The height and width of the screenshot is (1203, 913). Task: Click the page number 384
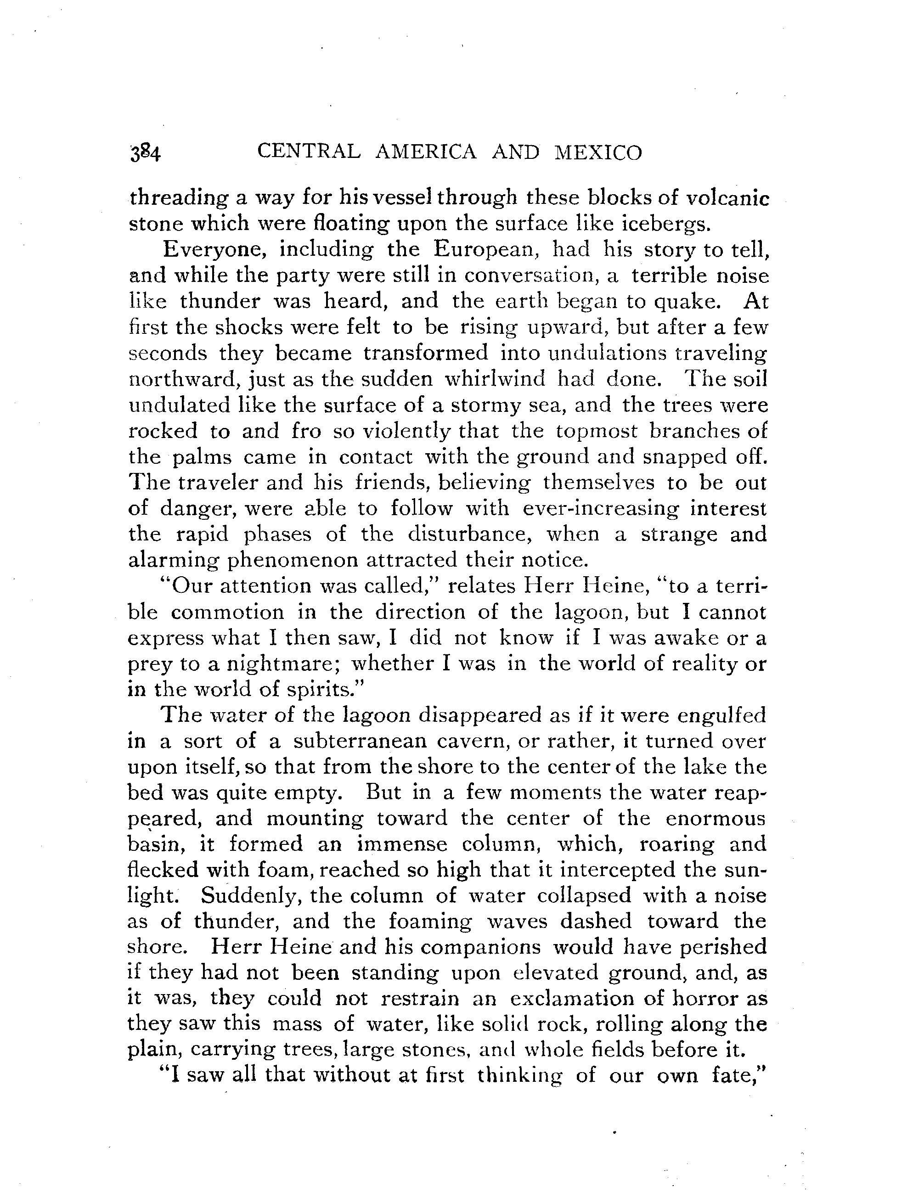145,154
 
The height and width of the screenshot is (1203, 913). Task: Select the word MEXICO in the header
598,153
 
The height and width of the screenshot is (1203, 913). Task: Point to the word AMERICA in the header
426,152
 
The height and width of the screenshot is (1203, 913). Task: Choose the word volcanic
727,198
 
